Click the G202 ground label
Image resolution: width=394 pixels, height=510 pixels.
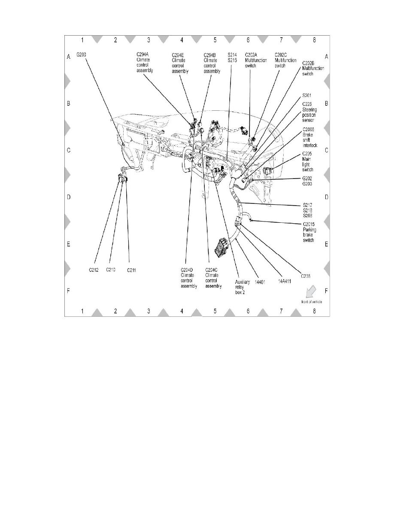tap(308, 178)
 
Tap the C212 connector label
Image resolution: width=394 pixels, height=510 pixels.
tap(94, 270)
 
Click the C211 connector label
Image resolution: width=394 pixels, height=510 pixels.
tap(132, 270)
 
